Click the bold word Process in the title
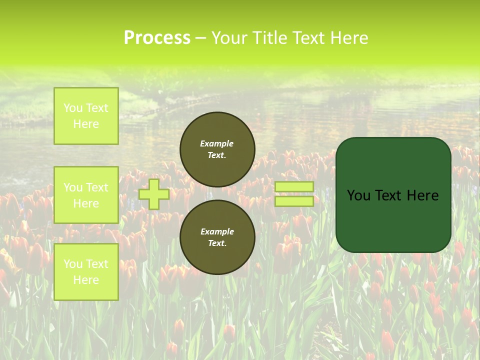(156, 38)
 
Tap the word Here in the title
(349, 38)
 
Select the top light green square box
(86, 116)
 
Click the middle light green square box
(86, 195)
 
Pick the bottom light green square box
(86, 272)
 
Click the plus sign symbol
(154, 194)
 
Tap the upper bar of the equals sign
(294, 186)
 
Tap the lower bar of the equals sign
(294, 201)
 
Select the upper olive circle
(217, 149)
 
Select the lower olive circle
(217, 237)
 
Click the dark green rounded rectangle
(393, 195)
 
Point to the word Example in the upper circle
(217, 143)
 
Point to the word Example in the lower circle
(217, 231)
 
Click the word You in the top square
(73, 108)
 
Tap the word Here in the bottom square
(86, 280)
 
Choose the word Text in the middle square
(97, 187)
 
